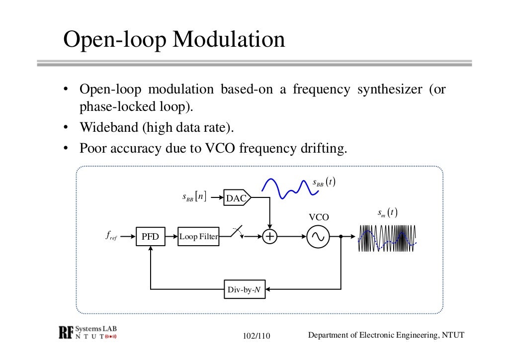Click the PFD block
click(150, 237)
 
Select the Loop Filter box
click(198, 237)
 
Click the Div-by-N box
click(245, 289)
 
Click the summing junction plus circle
click(269, 237)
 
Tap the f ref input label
click(111, 236)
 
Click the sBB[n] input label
click(194, 197)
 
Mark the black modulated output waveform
click(387, 239)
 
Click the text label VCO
click(319, 217)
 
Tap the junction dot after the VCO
click(341, 237)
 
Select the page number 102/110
click(256, 336)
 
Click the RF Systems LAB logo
click(87, 333)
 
